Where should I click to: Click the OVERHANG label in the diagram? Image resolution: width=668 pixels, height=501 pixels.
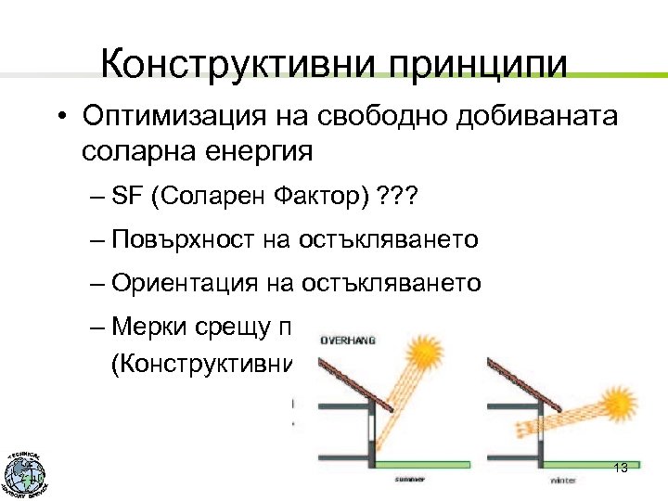347,340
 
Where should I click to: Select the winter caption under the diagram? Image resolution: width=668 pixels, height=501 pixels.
563,480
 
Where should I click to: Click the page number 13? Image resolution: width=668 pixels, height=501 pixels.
622,467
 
